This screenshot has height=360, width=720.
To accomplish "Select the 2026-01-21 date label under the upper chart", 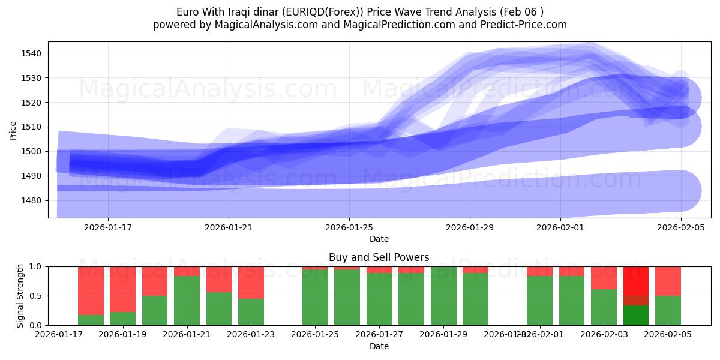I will [x=229, y=227].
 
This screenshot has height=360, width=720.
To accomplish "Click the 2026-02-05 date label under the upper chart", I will [x=680, y=227].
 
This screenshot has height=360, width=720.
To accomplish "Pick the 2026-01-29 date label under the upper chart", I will [x=470, y=227].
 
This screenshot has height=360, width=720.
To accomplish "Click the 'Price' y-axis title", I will [x=13, y=130].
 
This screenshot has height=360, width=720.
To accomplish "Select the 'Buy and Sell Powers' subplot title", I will [x=379, y=257].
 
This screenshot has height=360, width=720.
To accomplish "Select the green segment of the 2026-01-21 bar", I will [x=187, y=301].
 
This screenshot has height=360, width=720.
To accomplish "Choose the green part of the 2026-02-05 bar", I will [x=668, y=310].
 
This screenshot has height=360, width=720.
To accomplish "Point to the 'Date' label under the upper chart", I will [x=379, y=239].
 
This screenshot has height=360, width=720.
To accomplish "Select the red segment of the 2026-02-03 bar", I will [x=604, y=277].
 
